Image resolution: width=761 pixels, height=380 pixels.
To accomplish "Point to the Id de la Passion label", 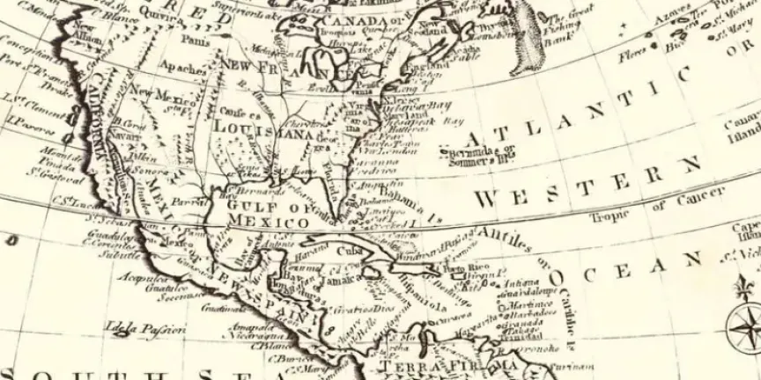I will tap(144, 330).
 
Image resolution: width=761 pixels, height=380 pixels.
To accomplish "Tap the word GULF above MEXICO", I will tap(249, 205).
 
